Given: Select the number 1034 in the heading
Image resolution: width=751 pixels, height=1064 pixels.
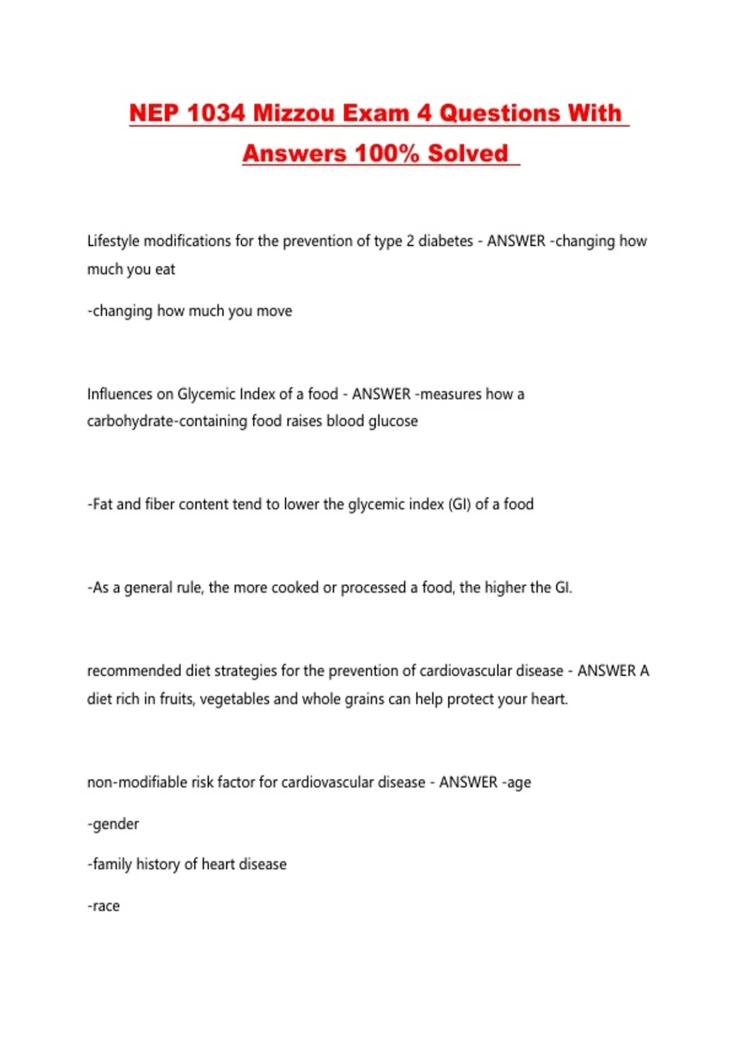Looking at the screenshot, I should point(216,113).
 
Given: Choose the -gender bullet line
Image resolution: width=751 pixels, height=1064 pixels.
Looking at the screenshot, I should point(113,824).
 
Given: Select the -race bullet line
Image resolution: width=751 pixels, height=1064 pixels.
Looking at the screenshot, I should point(103,906).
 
